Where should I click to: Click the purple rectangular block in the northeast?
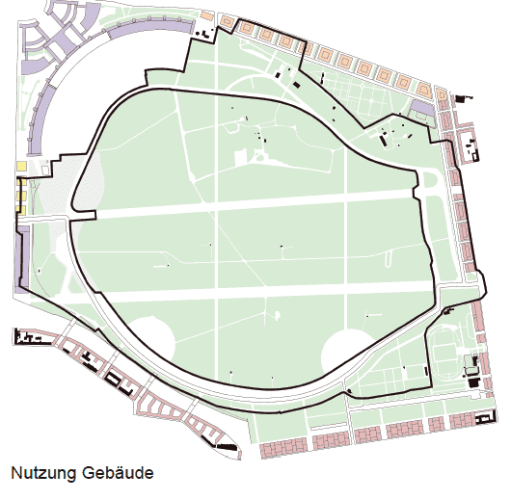[x=421, y=107]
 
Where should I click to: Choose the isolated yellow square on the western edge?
[x=21, y=167]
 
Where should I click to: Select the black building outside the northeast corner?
[x=459, y=96]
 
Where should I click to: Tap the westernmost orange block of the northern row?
[x=228, y=22]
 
